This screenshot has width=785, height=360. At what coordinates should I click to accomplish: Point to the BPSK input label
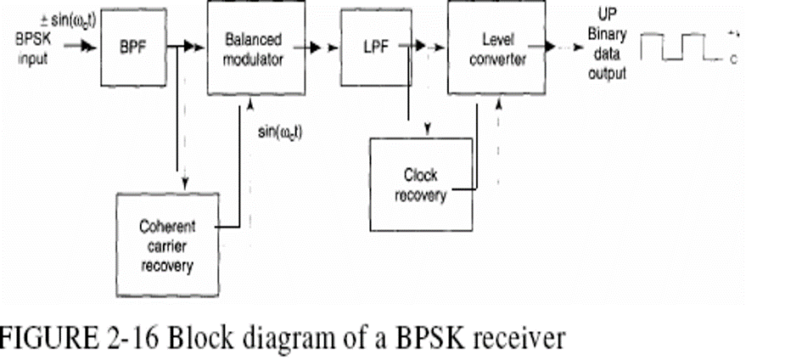pos(32,48)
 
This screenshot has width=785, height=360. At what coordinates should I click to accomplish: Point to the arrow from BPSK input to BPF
pos(83,49)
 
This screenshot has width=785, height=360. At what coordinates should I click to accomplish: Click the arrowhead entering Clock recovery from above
pos(428,130)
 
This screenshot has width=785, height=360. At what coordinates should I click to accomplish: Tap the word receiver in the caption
pos(513,339)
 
